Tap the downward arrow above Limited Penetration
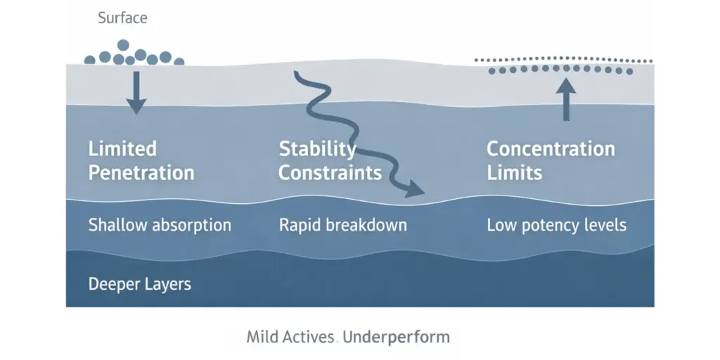pos(136,92)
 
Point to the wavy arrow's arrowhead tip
pos(423,191)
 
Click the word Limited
pos(122,149)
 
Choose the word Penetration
pos(141,173)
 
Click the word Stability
pos(317,149)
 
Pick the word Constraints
pos(330,173)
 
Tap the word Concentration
pos(551,149)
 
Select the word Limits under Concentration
pos(515,173)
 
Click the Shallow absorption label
pos(160,226)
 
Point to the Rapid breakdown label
pos(343,226)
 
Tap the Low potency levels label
pos(556,226)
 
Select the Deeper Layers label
pos(140,285)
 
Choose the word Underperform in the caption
pos(397,337)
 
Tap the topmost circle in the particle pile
pos(124,45)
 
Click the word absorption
pos(188,226)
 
